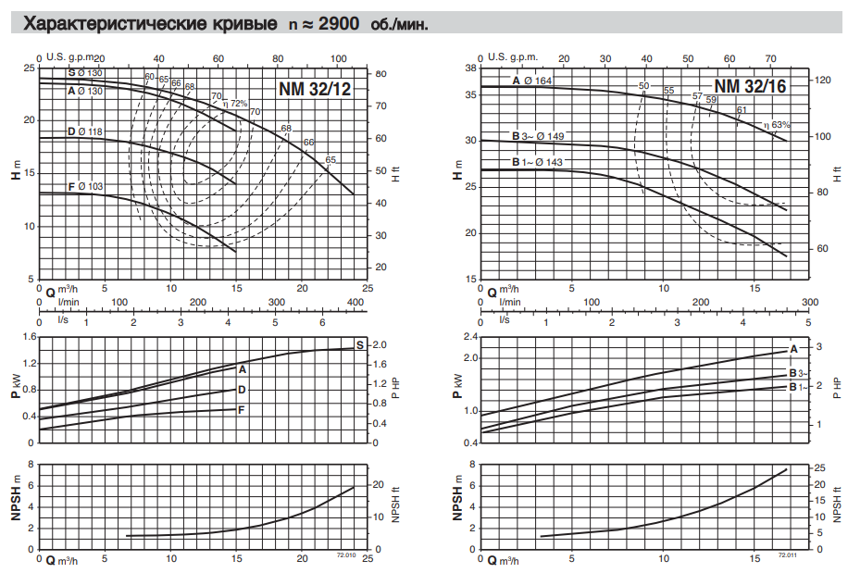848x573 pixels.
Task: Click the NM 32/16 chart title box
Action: click(750, 86)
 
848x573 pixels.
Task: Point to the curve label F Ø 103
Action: click(85, 186)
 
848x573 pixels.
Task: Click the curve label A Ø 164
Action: click(531, 81)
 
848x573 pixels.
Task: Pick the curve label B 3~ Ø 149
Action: click(538, 136)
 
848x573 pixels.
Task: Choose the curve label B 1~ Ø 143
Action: click(538, 162)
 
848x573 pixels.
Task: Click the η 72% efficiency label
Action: click(236, 104)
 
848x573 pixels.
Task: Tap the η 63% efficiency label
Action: click(779, 124)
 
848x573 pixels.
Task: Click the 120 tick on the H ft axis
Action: click(822, 81)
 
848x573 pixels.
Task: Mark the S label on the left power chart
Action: click(359, 343)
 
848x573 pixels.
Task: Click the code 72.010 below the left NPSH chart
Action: click(344, 554)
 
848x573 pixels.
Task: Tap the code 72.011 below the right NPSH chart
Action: click(787, 554)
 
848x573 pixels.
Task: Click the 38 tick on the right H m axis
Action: click(469, 69)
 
